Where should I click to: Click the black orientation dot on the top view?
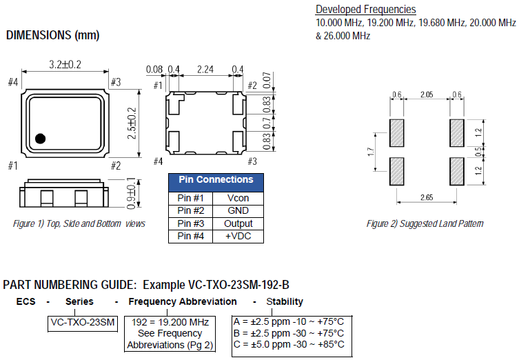click(x=40, y=138)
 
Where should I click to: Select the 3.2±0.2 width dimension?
click(x=65, y=64)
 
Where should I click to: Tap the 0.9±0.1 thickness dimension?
click(x=131, y=195)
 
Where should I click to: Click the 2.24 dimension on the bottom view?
click(x=205, y=69)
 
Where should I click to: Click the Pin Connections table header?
click(x=216, y=180)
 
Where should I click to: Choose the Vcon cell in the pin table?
click(x=238, y=198)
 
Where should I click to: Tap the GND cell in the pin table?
click(x=238, y=210)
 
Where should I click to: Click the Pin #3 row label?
click(x=190, y=223)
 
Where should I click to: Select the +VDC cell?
click(x=238, y=237)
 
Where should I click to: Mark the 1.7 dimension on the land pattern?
click(x=371, y=150)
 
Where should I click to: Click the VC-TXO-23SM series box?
click(x=83, y=322)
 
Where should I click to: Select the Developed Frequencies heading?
click(x=365, y=10)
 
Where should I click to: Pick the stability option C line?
click(x=289, y=344)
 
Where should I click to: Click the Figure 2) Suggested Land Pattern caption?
click(x=425, y=223)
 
